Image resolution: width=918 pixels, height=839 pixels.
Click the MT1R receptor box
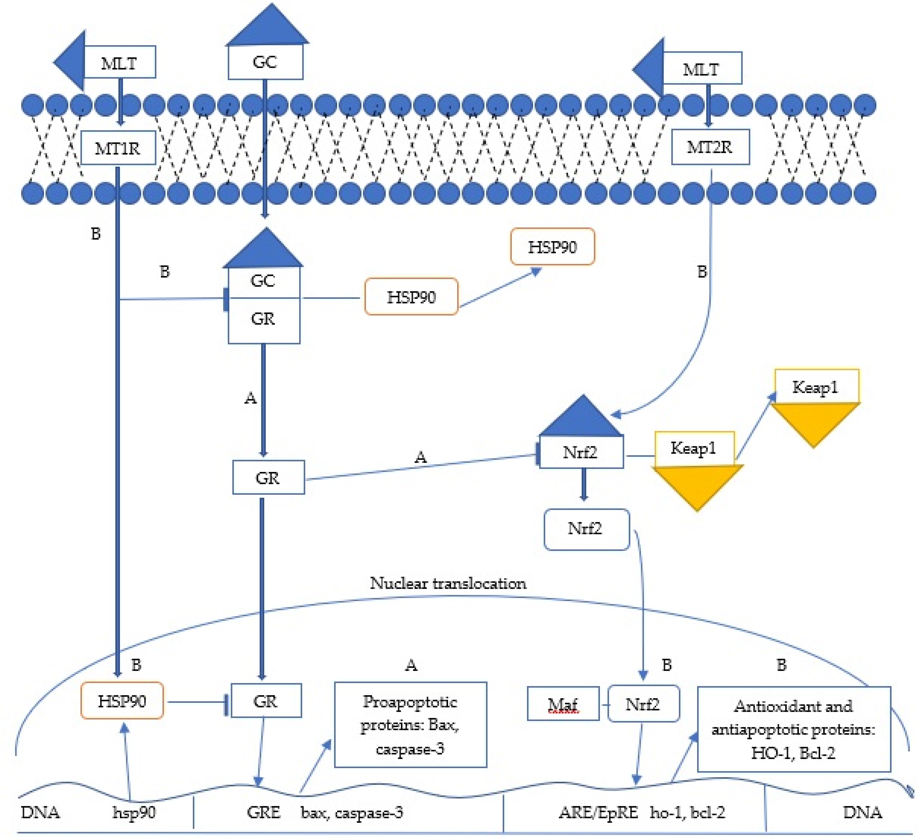[118, 148]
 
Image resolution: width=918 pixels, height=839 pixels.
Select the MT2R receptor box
[710, 147]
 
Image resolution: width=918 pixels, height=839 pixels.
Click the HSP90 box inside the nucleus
[122, 701]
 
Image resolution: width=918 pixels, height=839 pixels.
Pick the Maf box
[563, 704]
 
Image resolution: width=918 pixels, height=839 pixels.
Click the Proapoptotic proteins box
[410, 725]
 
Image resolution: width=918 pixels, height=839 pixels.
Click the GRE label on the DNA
[264, 812]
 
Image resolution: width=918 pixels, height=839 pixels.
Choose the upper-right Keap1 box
[816, 387]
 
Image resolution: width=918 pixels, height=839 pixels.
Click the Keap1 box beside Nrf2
[694, 448]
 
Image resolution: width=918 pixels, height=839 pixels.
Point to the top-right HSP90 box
[552, 247]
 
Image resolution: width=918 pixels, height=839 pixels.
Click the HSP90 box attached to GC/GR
[411, 297]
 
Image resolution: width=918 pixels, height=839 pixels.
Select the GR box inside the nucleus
[266, 701]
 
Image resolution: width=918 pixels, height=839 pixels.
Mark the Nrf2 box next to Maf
[643, 704]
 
